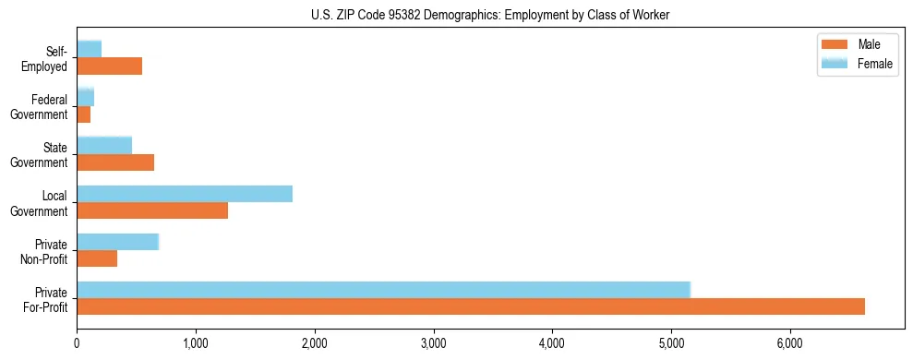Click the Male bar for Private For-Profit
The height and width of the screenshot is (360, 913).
click(x=471, y=306)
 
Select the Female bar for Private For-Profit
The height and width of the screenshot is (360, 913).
click(x=383, y=290)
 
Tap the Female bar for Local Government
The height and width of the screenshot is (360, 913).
click(x=185, y=194)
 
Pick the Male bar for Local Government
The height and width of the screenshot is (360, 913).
click(x=152, y=210)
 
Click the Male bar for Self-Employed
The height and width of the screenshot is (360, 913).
click(x=109, y=66)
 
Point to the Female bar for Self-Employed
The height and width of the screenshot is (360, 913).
click(x=89, y=49)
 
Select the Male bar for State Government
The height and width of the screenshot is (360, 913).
click(x=115, y=162)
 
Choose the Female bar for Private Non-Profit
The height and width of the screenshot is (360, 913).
click(x=118, y=242)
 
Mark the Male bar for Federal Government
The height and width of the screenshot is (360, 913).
click(x=83, y=114)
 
